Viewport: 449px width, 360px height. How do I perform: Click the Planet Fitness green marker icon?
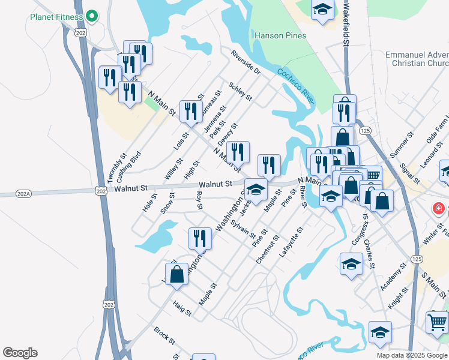click(x=92, y=15)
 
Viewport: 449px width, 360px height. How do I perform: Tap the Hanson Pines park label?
click(x=280, y=36)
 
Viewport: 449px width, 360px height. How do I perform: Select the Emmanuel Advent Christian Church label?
click(x=409, y=59)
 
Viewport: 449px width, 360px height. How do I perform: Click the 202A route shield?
click(x=8, y=194)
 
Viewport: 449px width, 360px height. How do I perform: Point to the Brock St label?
click(x=164, y=336)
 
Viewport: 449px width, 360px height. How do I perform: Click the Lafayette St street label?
click(x=292, y=242)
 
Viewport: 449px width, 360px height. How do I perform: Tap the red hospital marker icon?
click(x=439, y=209)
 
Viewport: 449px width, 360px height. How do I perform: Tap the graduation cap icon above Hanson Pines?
click(x=322, y=9)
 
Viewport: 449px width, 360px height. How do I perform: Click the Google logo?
click(x=20, y=353)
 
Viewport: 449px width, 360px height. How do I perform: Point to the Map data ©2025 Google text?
click(x=412, y=355)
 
